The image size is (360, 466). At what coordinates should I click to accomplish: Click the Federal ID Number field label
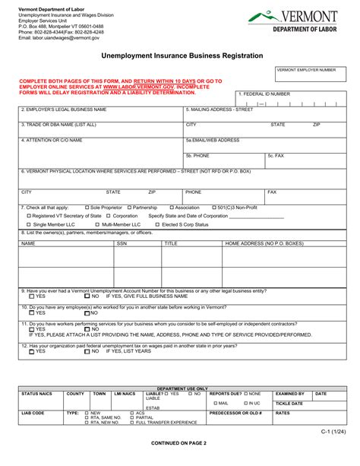[x=264, y=94]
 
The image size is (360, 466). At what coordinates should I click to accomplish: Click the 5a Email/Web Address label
[x=213, y=140]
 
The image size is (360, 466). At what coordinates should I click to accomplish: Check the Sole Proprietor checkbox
[x=87, y=208]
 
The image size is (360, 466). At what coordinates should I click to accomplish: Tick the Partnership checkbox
[x=130, y=208]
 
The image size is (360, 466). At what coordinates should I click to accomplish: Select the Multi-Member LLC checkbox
[x=97, y=225]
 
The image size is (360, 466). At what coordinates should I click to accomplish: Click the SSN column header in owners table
[x=122, y=244]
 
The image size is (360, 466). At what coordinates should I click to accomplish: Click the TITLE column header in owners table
[x=171, y=244]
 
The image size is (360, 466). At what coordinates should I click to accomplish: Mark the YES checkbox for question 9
[x=31, y=296]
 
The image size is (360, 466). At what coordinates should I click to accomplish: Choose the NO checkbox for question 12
[x=87, y=352]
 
